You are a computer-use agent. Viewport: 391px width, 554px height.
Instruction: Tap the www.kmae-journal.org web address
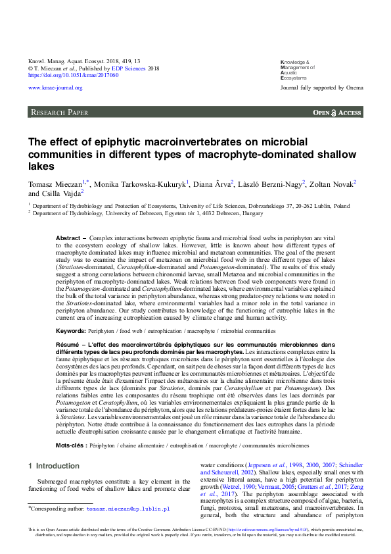click(x=55, y=88)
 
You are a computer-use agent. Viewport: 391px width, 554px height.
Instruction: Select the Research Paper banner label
click(x=59, y=113)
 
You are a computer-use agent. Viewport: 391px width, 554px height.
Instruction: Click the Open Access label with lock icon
click(x=337, y=113)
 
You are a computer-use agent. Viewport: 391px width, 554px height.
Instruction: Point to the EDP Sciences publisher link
click(x=128, y=68)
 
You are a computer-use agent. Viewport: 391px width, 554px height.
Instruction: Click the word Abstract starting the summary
click(x=68, y=238)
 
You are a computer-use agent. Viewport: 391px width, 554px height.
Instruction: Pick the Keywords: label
click(x=70, y=330)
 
